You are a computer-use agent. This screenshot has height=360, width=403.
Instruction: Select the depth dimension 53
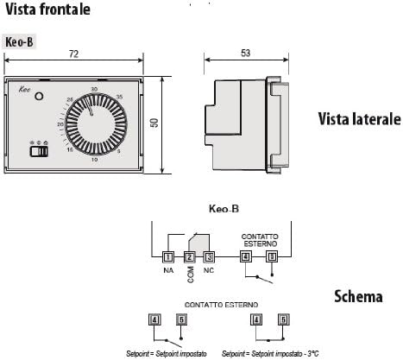coord(246,54)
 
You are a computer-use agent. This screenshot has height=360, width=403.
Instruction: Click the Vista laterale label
coord(358,118)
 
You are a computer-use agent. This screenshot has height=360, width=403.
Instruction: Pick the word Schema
coord(358,297)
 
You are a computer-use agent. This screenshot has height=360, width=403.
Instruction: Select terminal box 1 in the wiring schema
coord(167,256)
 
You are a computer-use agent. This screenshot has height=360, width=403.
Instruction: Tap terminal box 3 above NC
coord(210,256)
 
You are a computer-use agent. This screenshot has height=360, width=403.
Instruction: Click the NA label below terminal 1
coord(167,271)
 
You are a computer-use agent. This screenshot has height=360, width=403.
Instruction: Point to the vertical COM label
coord(189,274)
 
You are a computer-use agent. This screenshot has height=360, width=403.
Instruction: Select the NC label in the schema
coord(209,271)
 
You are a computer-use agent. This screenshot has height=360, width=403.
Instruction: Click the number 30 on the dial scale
coord(92,89)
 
